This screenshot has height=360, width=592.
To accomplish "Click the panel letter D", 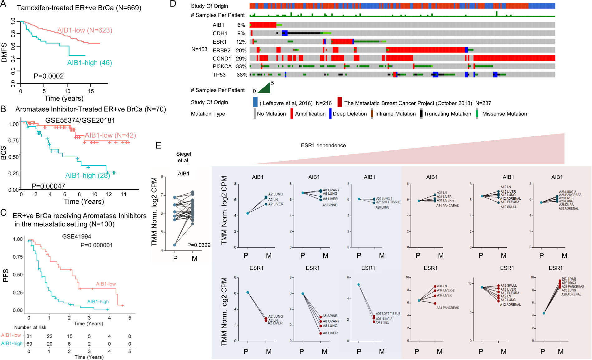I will pyautogui.click(x=173, y=4).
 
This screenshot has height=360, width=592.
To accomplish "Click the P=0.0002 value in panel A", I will pyautogui.click(x=49, y=76).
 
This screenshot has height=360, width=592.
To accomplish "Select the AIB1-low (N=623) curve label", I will pyautogui.click(x=84, y=30).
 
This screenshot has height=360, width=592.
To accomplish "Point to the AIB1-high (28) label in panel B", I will pyautogui.click(x=87, y=175).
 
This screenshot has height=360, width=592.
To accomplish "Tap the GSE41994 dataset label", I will pyautogui.click(x=77, y=236).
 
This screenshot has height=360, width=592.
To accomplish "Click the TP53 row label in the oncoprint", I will pyautogui.click(x=219, y=75).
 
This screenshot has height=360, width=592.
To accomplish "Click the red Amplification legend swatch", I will pyautogui.click(x=291, y=114).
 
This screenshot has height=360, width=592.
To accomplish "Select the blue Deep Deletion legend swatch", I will pyautogui.click(x=330, y=114).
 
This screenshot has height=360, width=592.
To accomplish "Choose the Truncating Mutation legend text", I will pyautogui.click(x=447, y=114).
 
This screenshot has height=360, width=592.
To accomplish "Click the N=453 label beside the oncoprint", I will pyautogui.click(x=199, y=49).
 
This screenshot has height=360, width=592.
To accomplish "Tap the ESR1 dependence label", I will pyautogui.click(x=323, y=145).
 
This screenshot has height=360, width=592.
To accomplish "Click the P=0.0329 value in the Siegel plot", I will pyautogui.click(x=199, y=245).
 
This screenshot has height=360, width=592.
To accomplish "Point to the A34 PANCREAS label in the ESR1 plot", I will pyautogui.click(x=447, y=308).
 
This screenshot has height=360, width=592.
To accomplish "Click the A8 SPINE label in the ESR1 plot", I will pyautogui.click(x=330, y=316).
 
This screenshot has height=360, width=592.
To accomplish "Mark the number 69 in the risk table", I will pyautogui.click(x=29, y=344).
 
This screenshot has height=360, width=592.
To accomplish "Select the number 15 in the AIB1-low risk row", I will pyautogui.click(x=70, y=336).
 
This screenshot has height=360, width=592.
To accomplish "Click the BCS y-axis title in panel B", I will pyautogui.click(x=4, y=153).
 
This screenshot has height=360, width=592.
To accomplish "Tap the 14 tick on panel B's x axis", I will pyautogui.click(x=123, y=194).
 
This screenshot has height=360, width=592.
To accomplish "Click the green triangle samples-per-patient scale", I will pyautogui.click(x=264, y=88).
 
